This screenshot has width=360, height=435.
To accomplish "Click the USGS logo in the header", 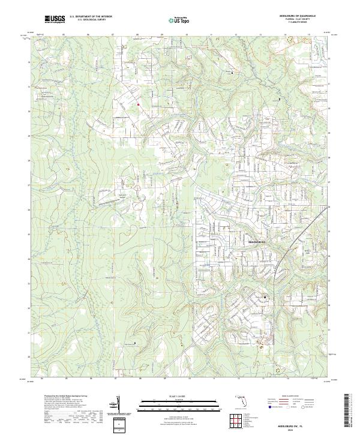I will point(55,19).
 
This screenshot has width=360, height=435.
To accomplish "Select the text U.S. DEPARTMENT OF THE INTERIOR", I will point(91,17).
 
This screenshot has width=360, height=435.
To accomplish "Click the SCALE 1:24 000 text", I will point(180,397).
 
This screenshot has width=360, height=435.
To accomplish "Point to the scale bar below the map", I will point(180,403).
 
